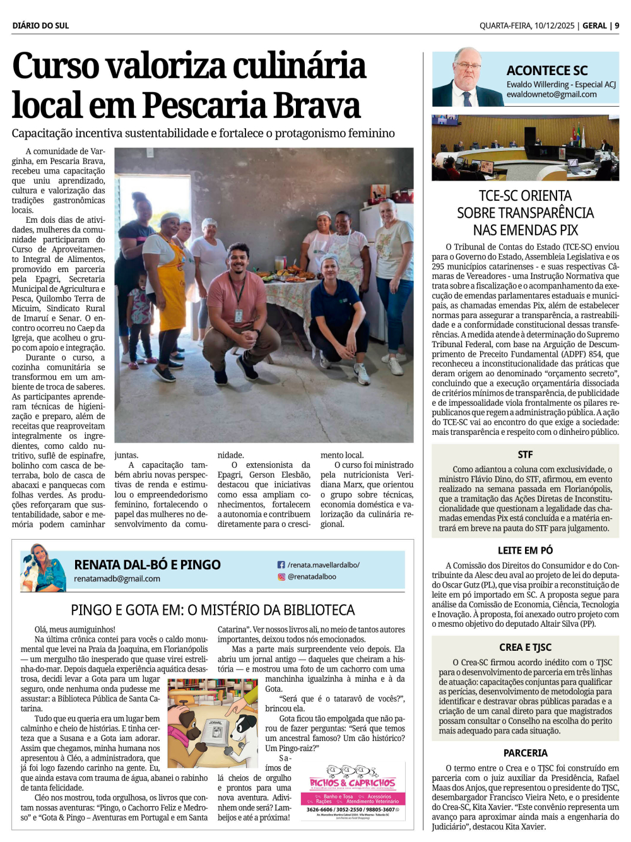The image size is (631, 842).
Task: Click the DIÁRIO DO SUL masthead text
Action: coord(40,26)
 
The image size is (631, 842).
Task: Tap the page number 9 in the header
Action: coord(616,26)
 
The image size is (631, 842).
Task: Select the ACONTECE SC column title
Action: coord(546,71)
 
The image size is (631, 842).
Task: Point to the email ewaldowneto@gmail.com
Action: coord(551,95)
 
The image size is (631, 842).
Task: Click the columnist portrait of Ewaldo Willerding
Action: coord(466,78)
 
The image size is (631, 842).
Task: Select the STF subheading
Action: coord(525,454)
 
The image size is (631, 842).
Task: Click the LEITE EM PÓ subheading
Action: coord(525,550)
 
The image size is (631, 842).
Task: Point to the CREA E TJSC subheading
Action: coord(525,647)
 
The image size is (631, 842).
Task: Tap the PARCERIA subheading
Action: coord(525,753)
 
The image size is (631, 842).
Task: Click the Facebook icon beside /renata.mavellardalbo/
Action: coord(281,565)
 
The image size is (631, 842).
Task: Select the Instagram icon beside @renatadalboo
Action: coord(281,576)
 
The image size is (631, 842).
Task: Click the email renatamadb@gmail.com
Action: coord(117,579)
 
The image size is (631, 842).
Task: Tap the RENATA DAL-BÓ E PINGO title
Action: coord(147,564)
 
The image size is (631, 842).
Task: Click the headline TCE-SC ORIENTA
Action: coord(525,196)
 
